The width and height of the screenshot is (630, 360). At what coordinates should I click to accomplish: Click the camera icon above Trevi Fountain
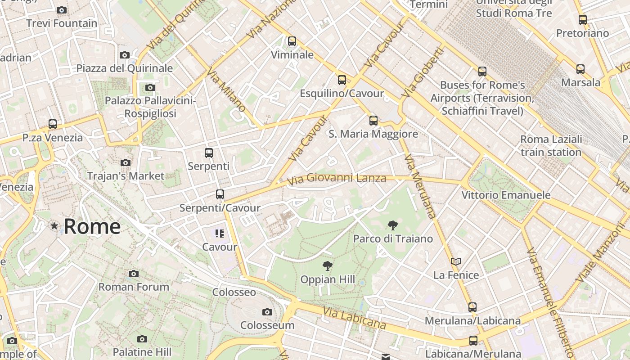[62, 10]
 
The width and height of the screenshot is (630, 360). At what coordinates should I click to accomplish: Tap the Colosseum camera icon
[267, 312]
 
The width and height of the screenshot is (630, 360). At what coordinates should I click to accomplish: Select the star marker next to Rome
[54, 225]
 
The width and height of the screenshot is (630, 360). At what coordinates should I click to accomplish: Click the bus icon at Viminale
[292, 41]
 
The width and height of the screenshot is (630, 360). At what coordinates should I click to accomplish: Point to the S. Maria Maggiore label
[373, 134]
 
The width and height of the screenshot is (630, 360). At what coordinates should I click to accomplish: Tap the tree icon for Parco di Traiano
[393, 225]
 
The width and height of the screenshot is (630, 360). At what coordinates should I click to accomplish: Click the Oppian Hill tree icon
[328, 266]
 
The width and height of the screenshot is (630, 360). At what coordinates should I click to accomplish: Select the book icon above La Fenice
[456, 261]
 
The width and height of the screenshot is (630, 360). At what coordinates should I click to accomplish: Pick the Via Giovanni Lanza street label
[336, 179]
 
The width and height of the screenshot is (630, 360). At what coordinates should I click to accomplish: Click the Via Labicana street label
[354, 318]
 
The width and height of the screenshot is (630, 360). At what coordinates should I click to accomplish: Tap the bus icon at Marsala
[580, 69]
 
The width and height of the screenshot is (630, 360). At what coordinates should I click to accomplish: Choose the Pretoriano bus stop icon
[583, 19]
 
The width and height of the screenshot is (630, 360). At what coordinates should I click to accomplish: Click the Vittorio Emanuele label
[506, 195]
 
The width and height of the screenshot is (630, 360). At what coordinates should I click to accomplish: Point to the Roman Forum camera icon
[133, 274]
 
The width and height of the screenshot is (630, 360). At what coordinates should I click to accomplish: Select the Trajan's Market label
[126, 175]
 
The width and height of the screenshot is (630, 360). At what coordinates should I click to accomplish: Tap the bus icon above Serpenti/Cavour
[220, 194]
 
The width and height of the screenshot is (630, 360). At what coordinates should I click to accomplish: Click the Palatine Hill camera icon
[142, 339]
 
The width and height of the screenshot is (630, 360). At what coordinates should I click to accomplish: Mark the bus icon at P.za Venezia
[53, 124]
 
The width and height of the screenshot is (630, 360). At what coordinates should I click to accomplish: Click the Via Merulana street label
[420, 187]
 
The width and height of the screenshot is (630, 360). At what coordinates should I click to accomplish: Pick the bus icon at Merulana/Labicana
[472, 307]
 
